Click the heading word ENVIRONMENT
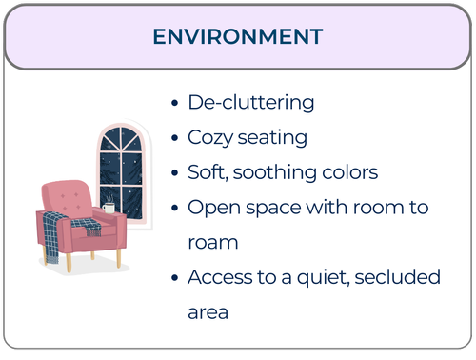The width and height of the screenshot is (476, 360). (238, 37)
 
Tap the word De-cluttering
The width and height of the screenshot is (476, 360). (250, 102)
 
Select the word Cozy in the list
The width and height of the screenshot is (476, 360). (209, 137)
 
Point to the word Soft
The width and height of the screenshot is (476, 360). (206, 172)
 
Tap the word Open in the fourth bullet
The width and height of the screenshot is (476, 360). (211, 208)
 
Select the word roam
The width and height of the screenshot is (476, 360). (212, 242)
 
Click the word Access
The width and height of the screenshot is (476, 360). (219, 277)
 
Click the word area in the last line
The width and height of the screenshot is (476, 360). (209, 312)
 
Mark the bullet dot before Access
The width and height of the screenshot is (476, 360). (173, 278)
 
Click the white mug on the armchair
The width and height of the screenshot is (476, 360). (109, 208)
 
